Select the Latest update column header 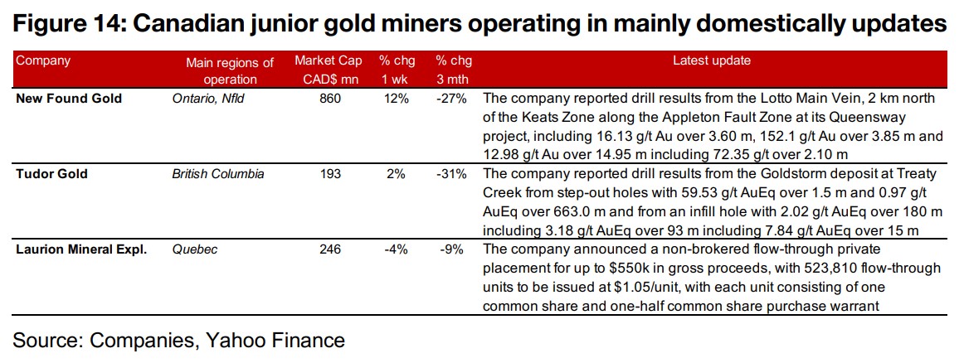tap(711, 60)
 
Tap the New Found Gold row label tap(69, 98)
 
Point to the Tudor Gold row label tap(51, 174)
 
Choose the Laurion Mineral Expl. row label tap(81, 249)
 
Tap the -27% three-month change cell tap(452, 98)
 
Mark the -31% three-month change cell tap(452, 174)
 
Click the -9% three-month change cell tap(454, 249)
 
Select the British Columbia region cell tap(218, 174)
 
